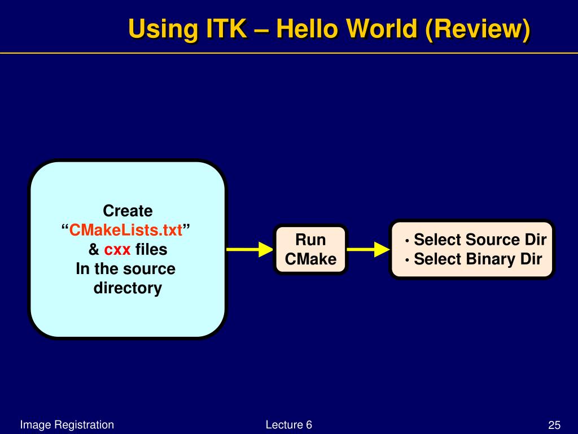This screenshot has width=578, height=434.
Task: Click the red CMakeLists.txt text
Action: (x=126, y=231)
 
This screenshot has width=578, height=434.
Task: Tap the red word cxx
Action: (x=117, y=249)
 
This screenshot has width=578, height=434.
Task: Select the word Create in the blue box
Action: (x=128, y=211)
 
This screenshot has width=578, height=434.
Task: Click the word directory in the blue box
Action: (x=128, y=288)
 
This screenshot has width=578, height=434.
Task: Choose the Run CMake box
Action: (x=310, y=249)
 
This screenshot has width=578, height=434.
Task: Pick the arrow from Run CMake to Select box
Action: (x=369, y=249)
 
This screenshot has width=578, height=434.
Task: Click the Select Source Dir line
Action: (x=480, y=240)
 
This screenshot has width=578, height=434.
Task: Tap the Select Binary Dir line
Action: (x=478, y=259)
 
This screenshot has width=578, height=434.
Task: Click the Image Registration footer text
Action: (x=67, y=425)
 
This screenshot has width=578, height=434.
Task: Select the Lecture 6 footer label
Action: (x=289, y=425)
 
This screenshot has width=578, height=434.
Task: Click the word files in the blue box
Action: (x=151, y=249)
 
